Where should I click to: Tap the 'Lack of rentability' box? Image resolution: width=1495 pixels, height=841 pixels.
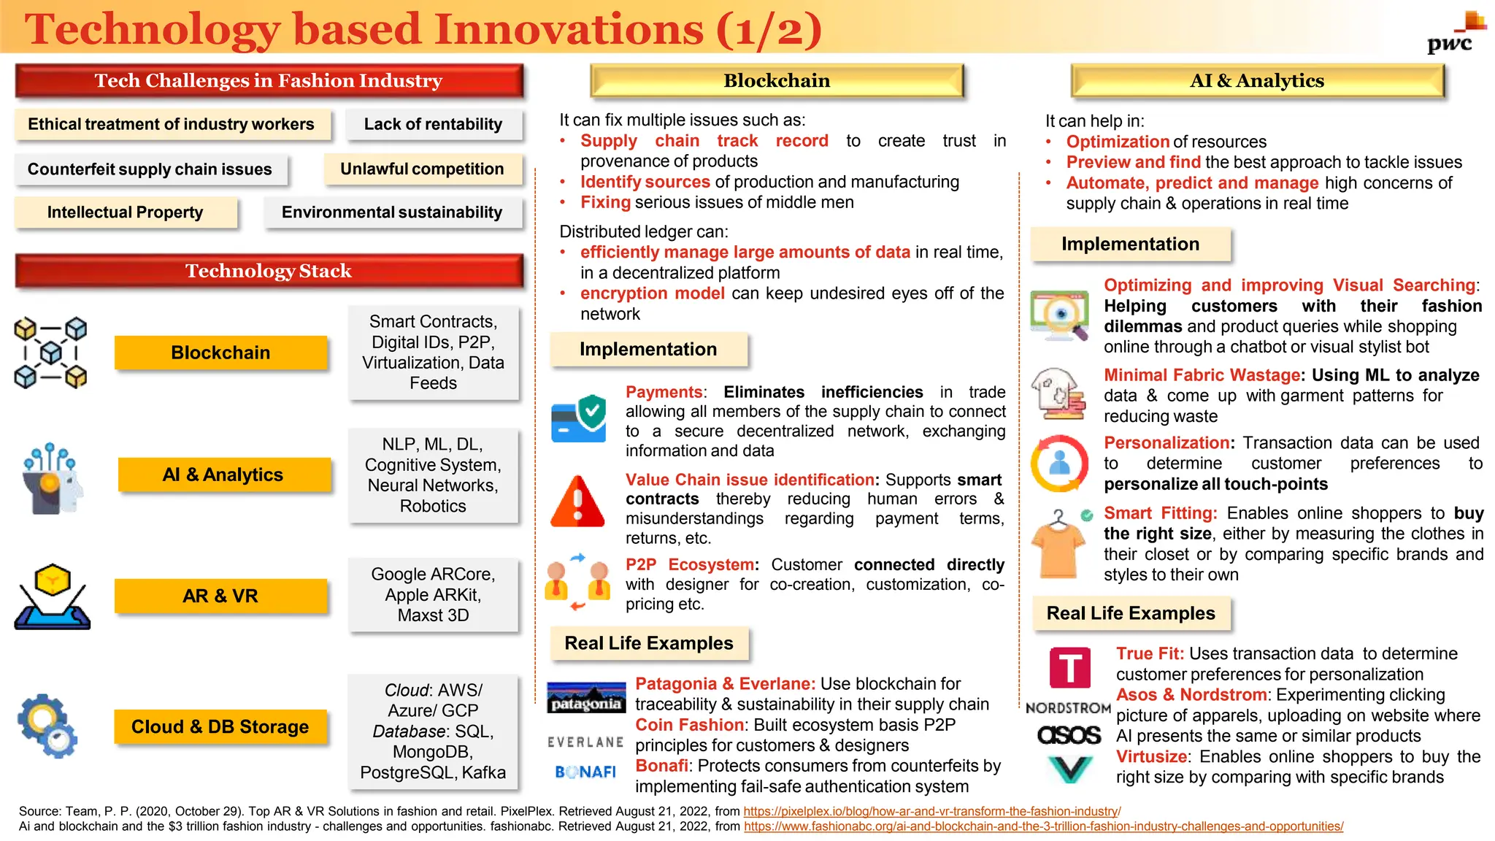(x=434, y=125)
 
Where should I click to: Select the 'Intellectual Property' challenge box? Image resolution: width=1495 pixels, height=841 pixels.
(x=126, y=212)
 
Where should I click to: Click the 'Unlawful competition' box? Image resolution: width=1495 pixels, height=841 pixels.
(x=422, y=169)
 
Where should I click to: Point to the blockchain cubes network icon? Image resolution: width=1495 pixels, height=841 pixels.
(x=50, y=353)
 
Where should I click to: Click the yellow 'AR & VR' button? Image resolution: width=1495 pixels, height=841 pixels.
(x=220, y=596)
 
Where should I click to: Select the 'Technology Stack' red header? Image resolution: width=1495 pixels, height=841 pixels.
(x=269, y=271)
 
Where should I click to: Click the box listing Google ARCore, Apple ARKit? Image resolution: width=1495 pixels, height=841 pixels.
(x=433, y=595)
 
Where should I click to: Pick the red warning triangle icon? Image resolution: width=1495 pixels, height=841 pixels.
(x=577, y=502)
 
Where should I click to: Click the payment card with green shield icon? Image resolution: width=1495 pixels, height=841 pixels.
(x=579, y=419)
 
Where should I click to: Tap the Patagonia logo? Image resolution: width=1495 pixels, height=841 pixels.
(x=586, y=698)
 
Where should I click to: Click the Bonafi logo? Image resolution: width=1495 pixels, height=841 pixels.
(x=585, y=772)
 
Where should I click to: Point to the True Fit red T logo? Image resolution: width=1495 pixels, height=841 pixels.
(x=1069, y=668)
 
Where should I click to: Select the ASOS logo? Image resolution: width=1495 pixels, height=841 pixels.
(x=1069, y=734)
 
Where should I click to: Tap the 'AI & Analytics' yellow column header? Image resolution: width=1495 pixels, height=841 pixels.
(x=1257, y=81)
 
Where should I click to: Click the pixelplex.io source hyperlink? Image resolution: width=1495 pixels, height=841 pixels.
(x=931, y=811)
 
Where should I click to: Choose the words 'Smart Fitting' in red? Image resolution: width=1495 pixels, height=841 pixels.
(x=1158, y=513)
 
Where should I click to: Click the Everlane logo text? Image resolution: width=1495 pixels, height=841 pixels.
(x=585, y=742)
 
